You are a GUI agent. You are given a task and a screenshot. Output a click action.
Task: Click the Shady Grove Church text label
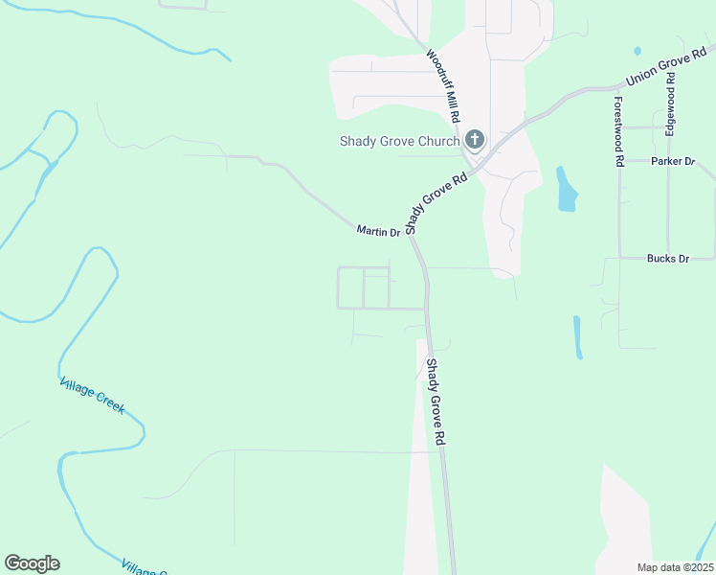coord(399,142)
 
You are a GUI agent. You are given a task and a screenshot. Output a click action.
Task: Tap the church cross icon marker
coord(474,140)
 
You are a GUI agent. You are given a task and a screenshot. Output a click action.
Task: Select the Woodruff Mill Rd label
coord(444,84)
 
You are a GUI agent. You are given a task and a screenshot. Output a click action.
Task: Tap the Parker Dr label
coord(672,161)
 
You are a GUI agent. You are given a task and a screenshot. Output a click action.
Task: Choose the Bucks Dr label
coord(667,259)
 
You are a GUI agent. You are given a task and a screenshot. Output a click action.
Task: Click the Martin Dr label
coord(377,231)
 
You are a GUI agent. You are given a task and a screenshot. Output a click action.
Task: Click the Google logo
coord(32,563)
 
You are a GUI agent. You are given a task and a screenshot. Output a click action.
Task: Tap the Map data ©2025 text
coord(674,567)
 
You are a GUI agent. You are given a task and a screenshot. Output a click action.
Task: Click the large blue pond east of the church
coord(567,191)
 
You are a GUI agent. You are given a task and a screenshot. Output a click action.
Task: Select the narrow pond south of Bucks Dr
coord(578,336)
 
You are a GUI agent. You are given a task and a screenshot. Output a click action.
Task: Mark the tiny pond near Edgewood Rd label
coord(638,50)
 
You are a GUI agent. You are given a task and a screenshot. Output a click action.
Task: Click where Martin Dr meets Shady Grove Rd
coord(410,236)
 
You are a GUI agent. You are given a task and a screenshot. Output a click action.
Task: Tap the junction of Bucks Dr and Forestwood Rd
coord(619,258)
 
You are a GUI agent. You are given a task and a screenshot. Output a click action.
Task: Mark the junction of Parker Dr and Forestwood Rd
coord(619,161)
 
